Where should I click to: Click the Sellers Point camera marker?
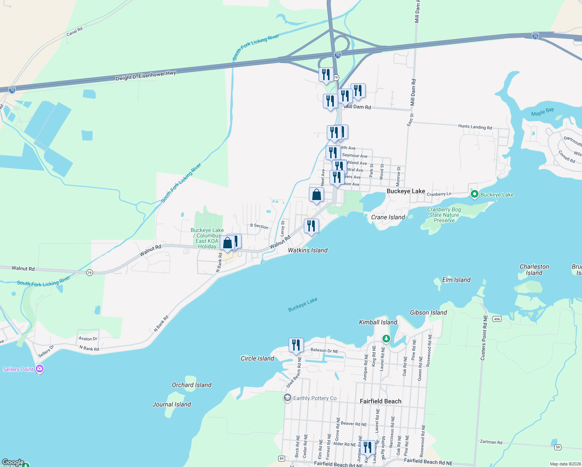(39, 369)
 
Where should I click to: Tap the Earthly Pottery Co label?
(315, 398)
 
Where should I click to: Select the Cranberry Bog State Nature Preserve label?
(444, 215)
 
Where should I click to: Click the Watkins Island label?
(308, 250)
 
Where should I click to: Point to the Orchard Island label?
(191, 385)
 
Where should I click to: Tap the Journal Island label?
(172, 404)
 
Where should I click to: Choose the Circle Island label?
(257, 358)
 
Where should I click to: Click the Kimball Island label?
(378, 322)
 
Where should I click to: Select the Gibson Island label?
(428, 313)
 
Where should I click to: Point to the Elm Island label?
(456, 280)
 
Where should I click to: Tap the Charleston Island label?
(534, 270)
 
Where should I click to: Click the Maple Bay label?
(542, 112)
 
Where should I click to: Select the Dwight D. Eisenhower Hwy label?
(145, 75)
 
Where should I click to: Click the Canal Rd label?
(74, 31)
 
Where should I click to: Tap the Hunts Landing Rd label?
(475, 127)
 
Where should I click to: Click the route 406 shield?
(496, 319)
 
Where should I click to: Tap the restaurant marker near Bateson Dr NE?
(296, 345)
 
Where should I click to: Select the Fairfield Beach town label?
(380, 401)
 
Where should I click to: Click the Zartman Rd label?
(491, 442)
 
